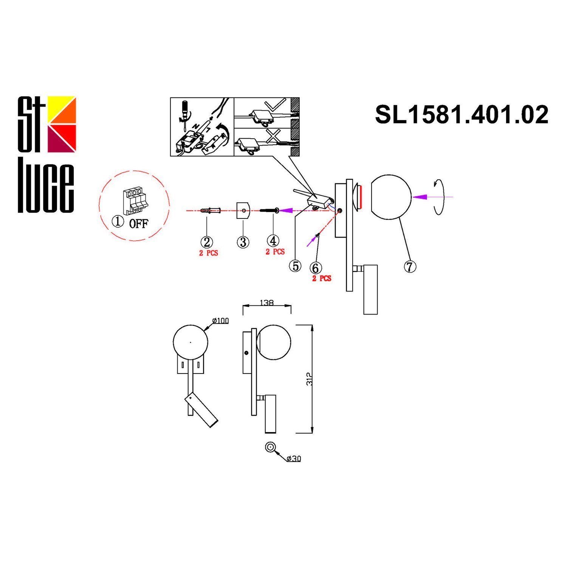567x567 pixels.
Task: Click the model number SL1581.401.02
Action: [462, 115]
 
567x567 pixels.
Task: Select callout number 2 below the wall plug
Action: [207, 242]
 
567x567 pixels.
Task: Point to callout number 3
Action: [243, 242]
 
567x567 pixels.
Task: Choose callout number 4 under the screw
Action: [273, 240]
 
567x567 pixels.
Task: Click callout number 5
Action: [295, 266]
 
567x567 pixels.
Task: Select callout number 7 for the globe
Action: [410, 266]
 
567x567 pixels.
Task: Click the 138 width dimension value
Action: [267, 303]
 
